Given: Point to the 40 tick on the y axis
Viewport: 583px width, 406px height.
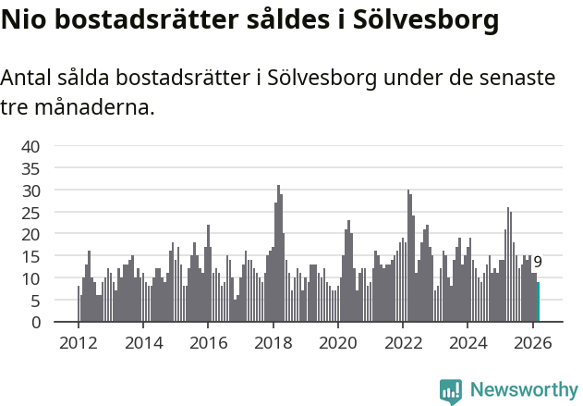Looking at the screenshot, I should pos(30,146).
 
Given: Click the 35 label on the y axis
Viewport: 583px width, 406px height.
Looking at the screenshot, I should pos(30,168).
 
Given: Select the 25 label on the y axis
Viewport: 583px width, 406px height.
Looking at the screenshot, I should pos(30,212).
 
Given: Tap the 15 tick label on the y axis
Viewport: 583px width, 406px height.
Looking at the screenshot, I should pos(30,256).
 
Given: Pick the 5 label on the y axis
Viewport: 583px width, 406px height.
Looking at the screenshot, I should pos(35,301).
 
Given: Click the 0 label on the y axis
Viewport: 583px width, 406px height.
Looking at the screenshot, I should pos(35,323).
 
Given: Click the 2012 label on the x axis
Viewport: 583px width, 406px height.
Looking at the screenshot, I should pos(78,342).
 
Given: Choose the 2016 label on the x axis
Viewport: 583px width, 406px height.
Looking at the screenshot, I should pos(208,342).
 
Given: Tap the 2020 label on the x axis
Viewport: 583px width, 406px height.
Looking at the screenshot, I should pos(338,342).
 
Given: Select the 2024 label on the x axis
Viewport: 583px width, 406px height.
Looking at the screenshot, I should pos(468,342).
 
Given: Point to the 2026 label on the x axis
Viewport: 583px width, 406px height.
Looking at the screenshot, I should pos(533,342).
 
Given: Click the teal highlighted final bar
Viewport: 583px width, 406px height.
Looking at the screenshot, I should pos(538,302).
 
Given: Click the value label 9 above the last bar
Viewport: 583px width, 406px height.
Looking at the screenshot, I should pos(538,263).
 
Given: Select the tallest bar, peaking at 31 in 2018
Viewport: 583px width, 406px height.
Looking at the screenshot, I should pos(278,254).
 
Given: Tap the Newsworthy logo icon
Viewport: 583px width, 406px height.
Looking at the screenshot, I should pos(451,391).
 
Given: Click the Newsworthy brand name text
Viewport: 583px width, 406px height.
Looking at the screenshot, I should pos(523,390).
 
